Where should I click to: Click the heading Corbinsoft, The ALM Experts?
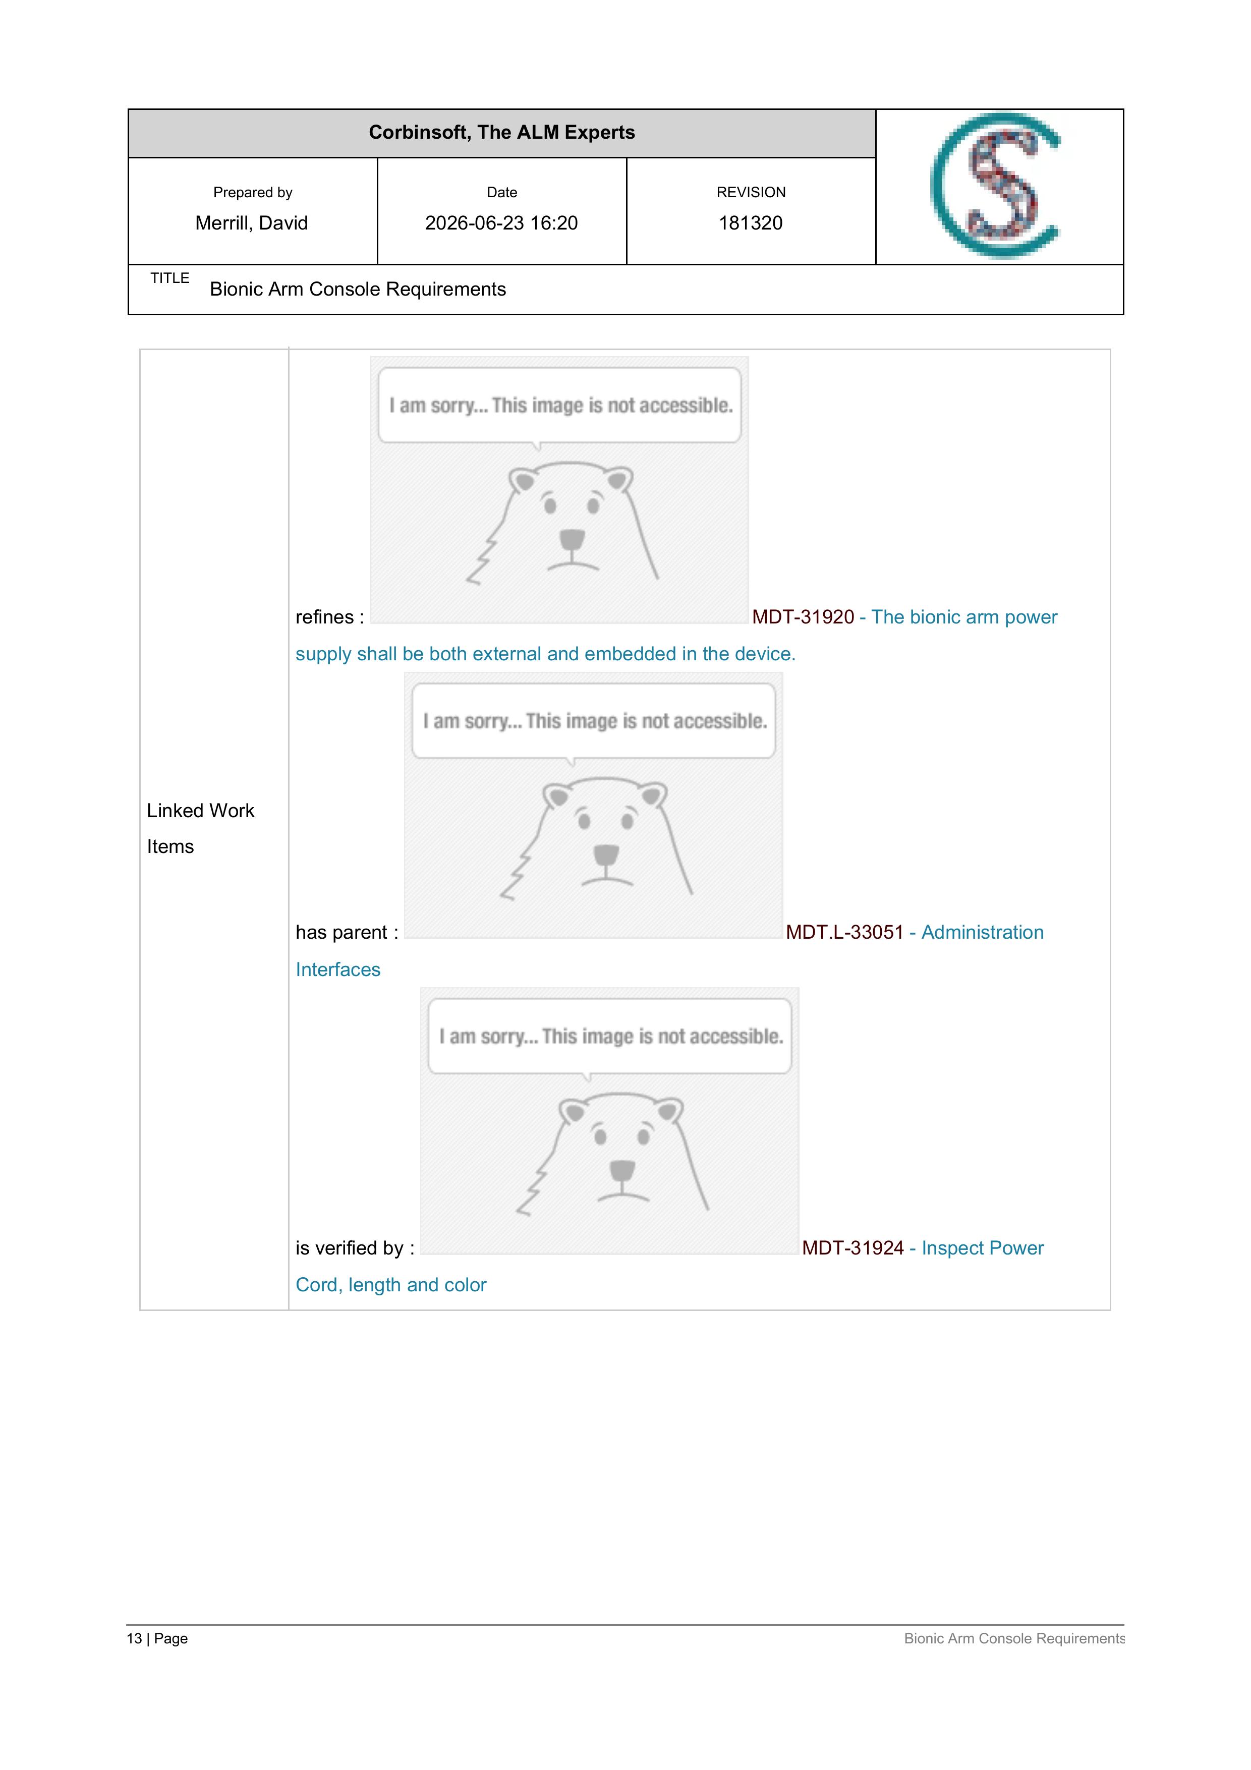502,133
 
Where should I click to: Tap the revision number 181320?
750,223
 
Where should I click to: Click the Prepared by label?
253,193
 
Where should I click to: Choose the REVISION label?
751,193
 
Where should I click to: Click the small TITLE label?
169,278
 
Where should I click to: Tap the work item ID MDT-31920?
803,617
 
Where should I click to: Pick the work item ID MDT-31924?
852,1248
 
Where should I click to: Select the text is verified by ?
355,1248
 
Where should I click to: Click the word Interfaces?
337,970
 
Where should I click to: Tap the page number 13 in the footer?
134,1638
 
